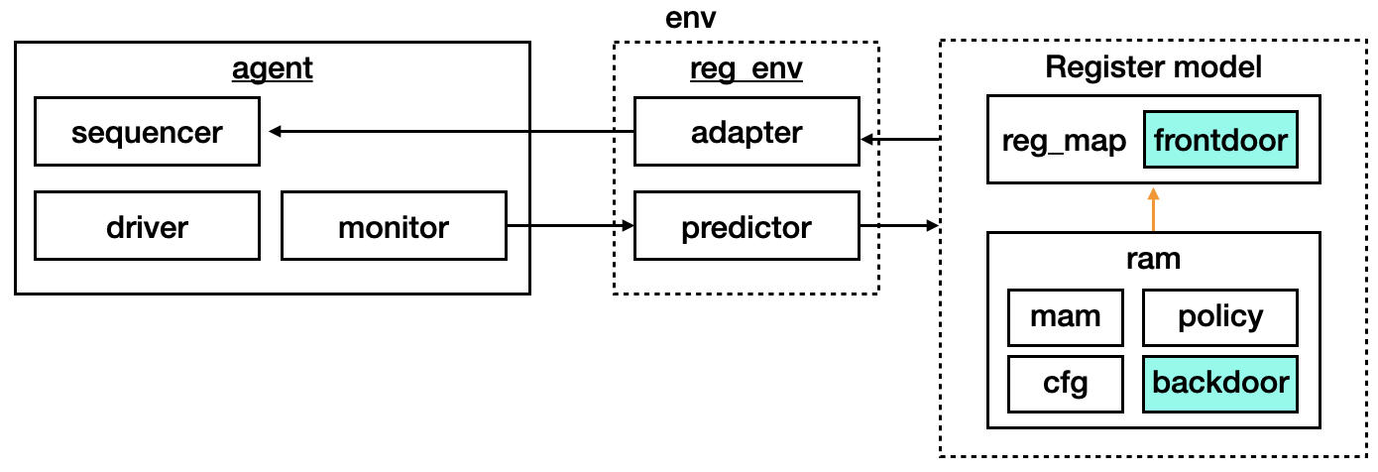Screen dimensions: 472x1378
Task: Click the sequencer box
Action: [x=147, y=132]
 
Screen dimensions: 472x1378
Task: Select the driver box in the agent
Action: [x=147, y=227]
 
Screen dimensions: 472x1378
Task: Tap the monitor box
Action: [x=394, y=227]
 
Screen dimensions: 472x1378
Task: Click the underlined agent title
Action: [x=272, y=69]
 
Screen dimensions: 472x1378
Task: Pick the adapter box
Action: [x=746, y=132]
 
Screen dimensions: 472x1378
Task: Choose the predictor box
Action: [x=746, y=227]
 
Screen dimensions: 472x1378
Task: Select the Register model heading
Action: [x=1153, y=67]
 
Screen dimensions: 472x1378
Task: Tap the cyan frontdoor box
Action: [x=1219, y=140]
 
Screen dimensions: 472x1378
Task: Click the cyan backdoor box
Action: [x=1219, y=383]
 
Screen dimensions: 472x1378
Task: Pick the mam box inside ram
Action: [x=1065, y=317]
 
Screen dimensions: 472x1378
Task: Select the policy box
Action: [x=1219, y=317]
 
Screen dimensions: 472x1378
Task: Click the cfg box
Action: [x=1065, y=383]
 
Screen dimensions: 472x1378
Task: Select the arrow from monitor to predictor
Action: [x=570, y=227]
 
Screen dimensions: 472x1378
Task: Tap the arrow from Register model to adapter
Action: [x=899, y=140]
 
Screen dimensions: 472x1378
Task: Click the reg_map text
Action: [x=1064, y=141]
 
